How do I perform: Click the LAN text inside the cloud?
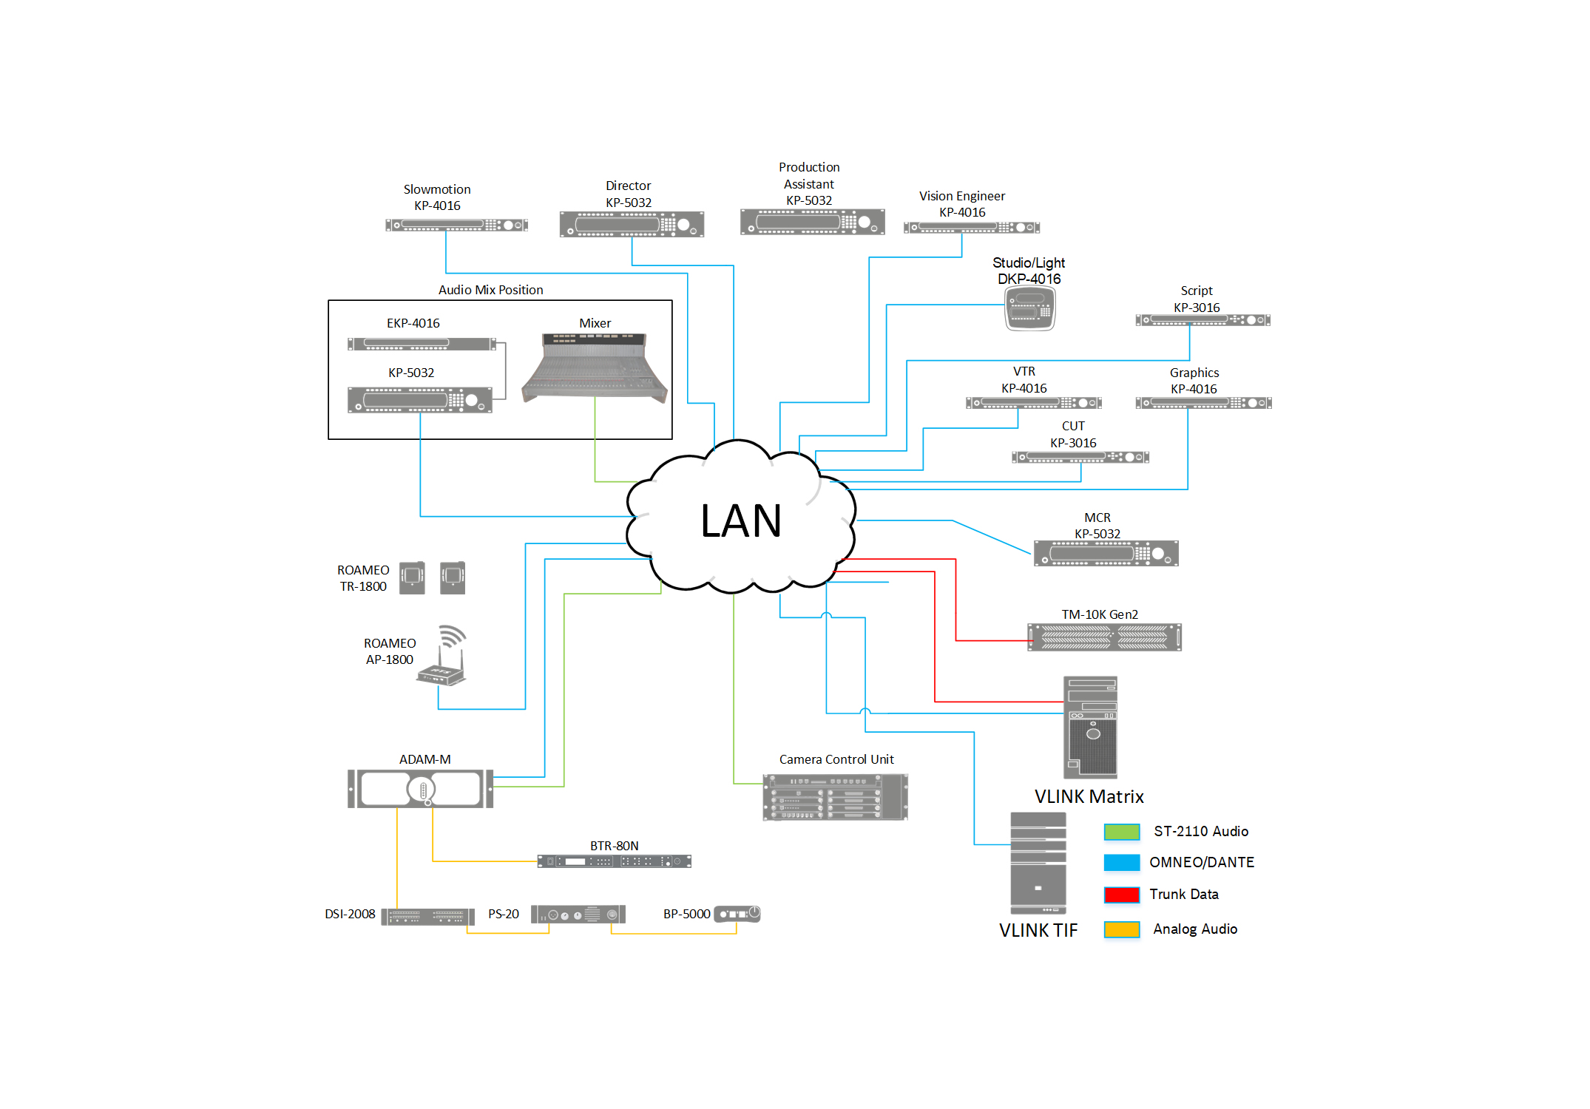click(x=740, y=520)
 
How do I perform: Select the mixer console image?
click(x=595, y=367)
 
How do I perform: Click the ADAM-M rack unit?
click(x=420, y=788)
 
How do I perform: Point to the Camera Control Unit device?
click(x=835, y=797)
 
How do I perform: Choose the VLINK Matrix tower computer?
click(x=1090, y=727)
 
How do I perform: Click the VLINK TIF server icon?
click(x=1038, y=863)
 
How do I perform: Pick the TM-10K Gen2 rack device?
click(x=1104, y=637)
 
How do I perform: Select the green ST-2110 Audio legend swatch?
click(x=1121, y=832)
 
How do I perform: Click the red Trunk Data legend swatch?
click(x=1121, y=895)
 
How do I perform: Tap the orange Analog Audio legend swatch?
click(x=1121, y=929)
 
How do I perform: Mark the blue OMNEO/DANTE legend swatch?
click(x=1121, y=863)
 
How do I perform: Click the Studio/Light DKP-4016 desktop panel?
click(x=1029, y=308)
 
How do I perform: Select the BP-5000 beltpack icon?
click(x=737, y=914)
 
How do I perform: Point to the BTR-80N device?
click(x=614, y=861)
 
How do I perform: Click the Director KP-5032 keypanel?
click(x=632, y=224)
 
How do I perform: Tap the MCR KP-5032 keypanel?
click(x=1106, y=553)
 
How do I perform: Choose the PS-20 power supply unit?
click(x=578, y=915)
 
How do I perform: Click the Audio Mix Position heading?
click(x=490, y=290)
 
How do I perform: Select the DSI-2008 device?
click(x=427, y=917)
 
